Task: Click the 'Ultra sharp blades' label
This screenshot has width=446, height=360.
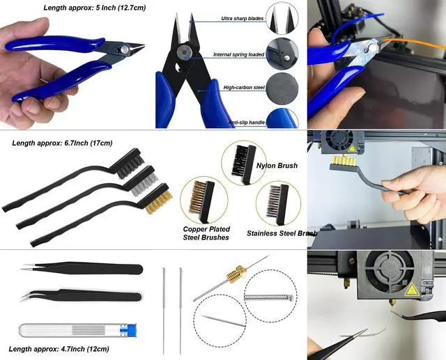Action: (242, 19)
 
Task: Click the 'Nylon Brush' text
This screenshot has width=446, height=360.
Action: (277, 166)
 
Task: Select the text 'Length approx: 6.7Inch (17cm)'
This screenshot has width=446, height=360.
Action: (62, 143)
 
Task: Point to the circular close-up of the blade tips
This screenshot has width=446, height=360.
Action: (282, 18)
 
